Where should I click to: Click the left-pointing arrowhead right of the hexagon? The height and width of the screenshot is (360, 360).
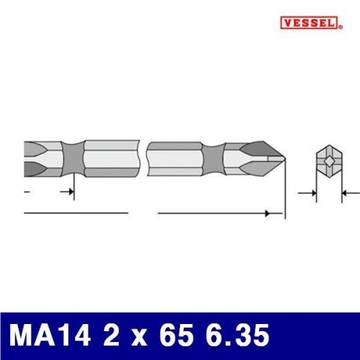[343, 193]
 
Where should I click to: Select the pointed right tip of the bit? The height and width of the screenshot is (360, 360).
[283, 158]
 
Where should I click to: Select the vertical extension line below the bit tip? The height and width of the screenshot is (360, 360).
[286, 191]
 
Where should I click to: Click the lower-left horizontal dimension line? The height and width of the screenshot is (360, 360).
[76, 214]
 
